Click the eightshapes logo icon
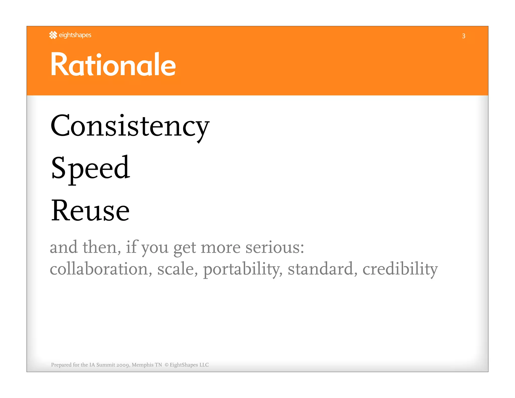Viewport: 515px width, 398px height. [53, 35]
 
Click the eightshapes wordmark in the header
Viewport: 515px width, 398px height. [75, 35]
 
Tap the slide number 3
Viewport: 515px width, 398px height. [463, 36]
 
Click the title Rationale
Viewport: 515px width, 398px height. [113, 64]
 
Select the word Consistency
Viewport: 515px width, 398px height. [130, 126]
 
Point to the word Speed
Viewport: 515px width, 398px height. [90, 168]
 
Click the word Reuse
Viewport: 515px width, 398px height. [90, 211]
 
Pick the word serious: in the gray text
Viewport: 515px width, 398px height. [275, 247]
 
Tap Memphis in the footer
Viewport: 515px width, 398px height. [143, 365]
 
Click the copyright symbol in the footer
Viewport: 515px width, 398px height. [166, 365]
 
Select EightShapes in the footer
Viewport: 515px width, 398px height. [184, 365]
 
